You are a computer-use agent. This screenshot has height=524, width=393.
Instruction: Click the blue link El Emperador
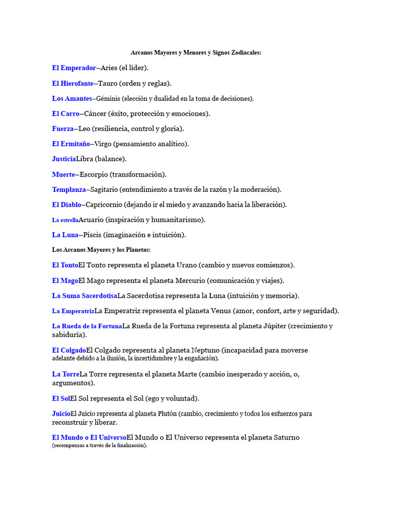pos(74,68)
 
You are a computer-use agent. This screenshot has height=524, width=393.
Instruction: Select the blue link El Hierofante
pos(73,83)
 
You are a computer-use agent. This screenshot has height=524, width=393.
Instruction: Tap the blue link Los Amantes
pos(72,98)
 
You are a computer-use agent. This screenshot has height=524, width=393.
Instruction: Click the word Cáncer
pos(96,113)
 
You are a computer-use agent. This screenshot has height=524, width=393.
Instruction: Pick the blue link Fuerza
pos(63,128)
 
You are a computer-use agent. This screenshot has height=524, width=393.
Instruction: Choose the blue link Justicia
pos(64,159)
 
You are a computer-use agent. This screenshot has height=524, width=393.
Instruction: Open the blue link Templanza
pos(69,189)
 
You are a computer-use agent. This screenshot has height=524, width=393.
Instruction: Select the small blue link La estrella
pos(65,220)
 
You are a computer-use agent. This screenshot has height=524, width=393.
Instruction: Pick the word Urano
pos(186,265)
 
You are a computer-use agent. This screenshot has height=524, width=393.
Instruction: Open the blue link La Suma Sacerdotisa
pos(84,296)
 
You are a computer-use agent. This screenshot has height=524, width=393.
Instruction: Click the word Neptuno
pos(205,350)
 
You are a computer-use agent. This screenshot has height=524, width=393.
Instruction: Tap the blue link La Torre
pos(65,374)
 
